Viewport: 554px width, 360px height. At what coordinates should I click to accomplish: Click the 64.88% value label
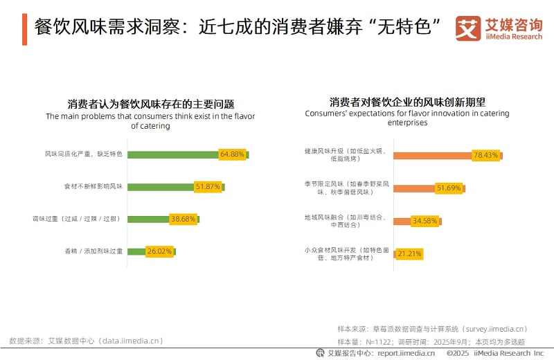[x=232, y=154]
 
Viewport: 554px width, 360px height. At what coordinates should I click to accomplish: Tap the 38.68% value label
[x=184, y=219]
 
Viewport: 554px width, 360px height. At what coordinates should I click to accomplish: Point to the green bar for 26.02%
[x=136, y=251]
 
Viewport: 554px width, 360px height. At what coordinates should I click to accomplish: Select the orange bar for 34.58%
[x=402, y=221]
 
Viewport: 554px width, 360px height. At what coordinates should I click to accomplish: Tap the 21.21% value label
[x=409, y=254]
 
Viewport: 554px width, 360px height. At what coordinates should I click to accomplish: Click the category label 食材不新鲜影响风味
[x=93, y=187]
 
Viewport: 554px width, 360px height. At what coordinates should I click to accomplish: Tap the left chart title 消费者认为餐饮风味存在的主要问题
[x=150, y=104]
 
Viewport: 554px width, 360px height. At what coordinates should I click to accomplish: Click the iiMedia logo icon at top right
[x=468, y=28]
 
